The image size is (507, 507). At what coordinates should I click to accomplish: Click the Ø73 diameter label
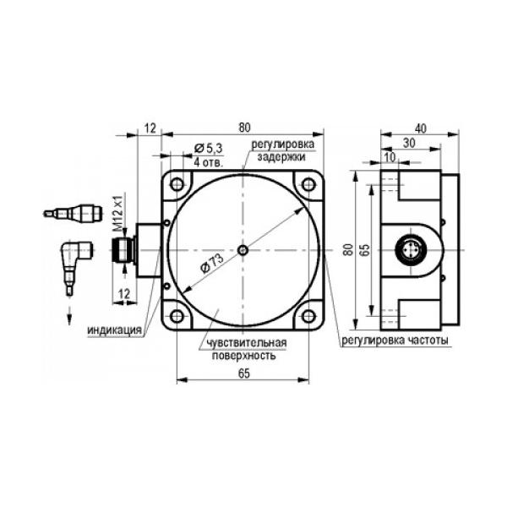click(212, 263)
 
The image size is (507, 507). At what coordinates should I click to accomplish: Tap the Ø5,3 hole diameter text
click(209, 149)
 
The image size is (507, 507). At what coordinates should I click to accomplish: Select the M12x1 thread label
click(118, 213)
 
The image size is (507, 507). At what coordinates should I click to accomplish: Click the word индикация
click(115, 330)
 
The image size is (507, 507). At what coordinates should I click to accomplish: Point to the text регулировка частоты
click(395, 341)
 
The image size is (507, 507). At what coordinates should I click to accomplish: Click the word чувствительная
click(247, 342)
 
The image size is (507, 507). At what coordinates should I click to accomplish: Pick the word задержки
click(281, 157)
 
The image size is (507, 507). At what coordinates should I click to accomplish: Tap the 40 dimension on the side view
click(420, 128)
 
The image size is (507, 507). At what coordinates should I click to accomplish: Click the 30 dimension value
click(409, 143)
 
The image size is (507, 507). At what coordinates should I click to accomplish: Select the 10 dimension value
click(390, 157)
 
